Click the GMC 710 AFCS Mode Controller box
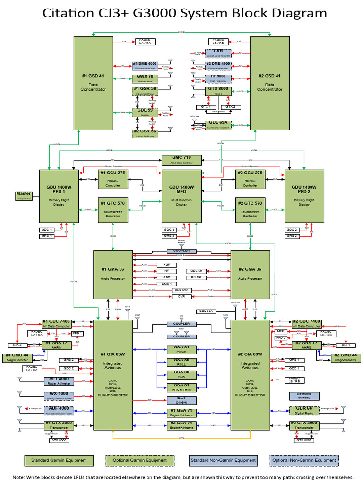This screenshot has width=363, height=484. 181,159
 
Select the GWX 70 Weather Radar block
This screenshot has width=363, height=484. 145,77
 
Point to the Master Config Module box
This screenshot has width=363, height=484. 23,196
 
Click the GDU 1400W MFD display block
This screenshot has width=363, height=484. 181,196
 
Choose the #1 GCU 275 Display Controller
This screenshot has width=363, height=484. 112,179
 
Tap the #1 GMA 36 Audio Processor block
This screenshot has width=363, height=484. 112,274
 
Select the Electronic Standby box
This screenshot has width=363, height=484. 304,396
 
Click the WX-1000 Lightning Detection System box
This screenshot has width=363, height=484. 59,396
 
